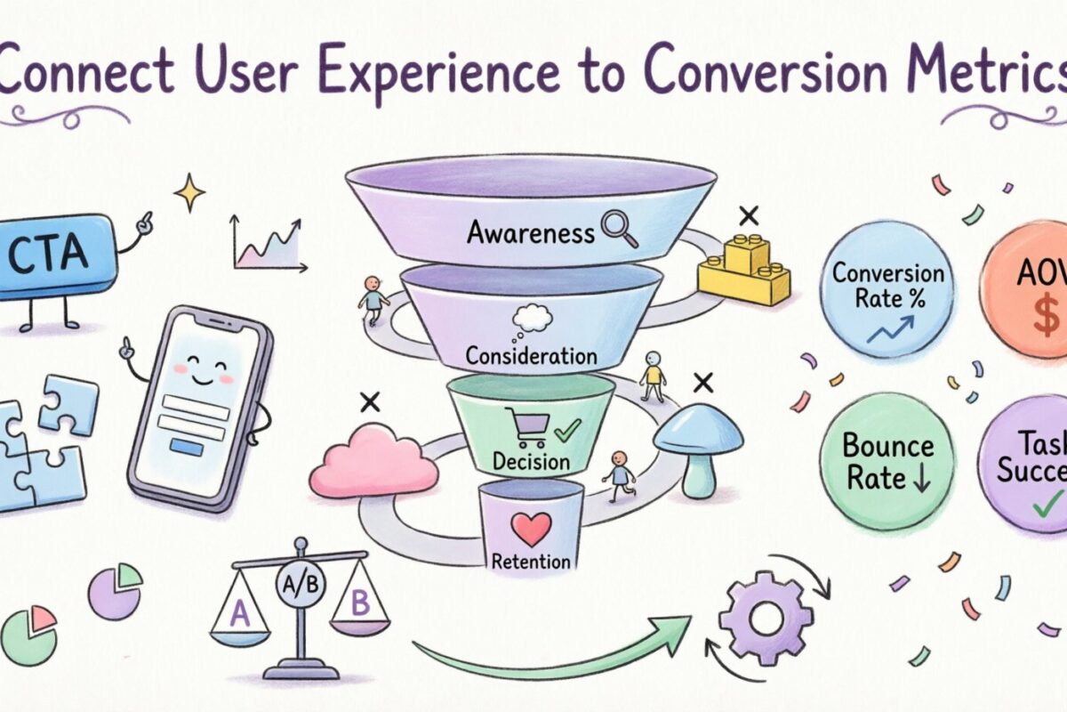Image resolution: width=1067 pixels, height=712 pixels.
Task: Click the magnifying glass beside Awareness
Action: tap(618, 228)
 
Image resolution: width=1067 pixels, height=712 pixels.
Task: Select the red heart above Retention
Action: tap(533, 529)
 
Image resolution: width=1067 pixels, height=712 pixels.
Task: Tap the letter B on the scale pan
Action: tap(360, 603)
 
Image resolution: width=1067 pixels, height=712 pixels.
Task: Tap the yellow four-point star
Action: tap(189, 192)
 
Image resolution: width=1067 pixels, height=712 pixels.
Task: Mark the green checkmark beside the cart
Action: tap(566, 433)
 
